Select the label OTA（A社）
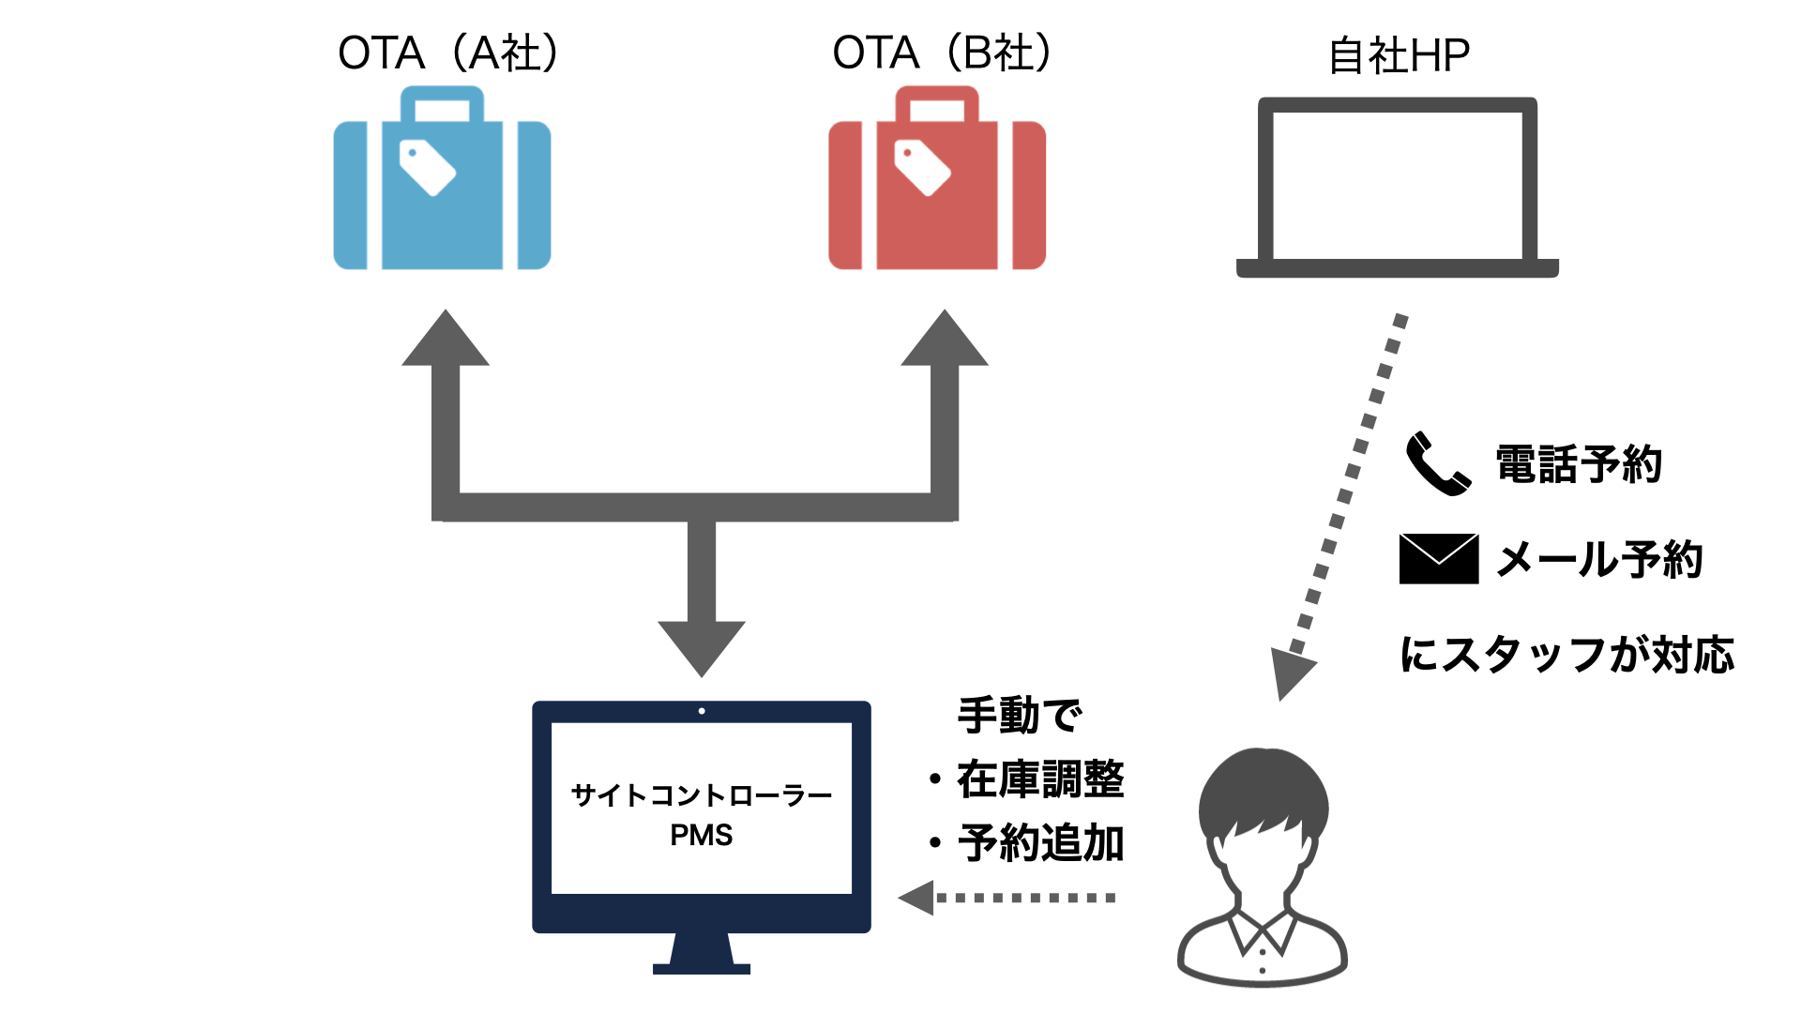pyautogui.click(x=448, y=53)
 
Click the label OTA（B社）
pyautogui.click(x=943, y=53)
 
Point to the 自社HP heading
pyautogui.click(x=1399, y=56)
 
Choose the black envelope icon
pyautogui.click(x=1438, y=559)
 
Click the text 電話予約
pyautogui.click(x=1579, y=465)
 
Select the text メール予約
pyautogui.click(x=1599, y=560)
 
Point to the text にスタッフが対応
pyautogui.click(x=1566, y=655)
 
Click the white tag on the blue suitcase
pyautogui.click(x=428, y=168)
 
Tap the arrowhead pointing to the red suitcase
pyautogui.click(x=945, y=340)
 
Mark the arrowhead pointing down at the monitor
pyautogui.click(x=702, y=647)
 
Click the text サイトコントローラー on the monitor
pyautogui.click(x=702, y=795)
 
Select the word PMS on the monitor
pyautogui.click(x=702, y=835)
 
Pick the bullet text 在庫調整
pyautogui.click(x=1040, y=779)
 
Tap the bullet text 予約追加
pyautogui.click(x=1040, y=843)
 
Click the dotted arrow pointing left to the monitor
pyautogui.click(x=1008, y=898)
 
